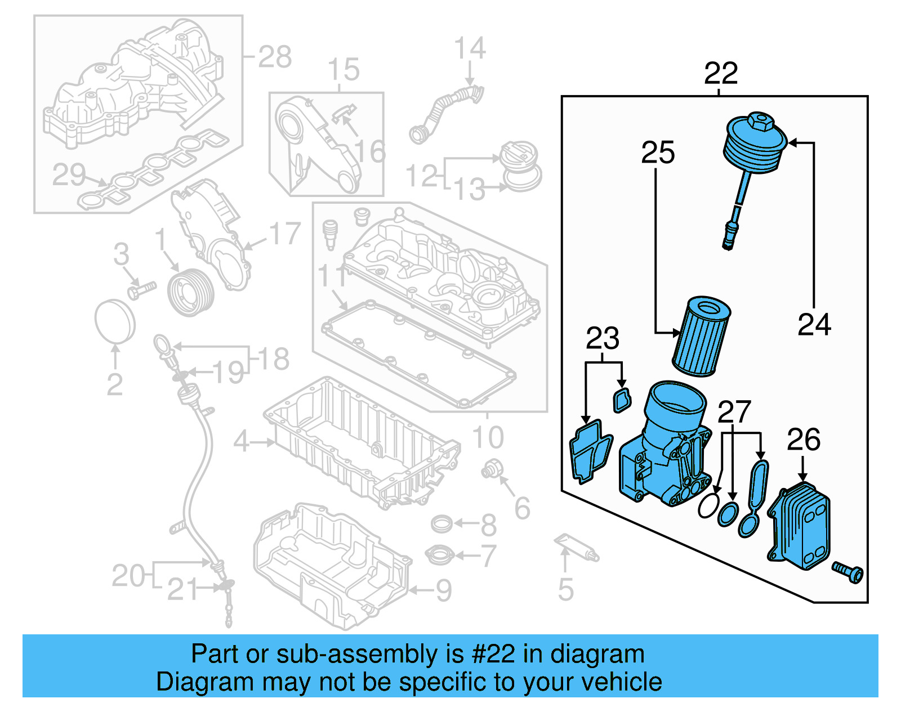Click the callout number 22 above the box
pos(720,74)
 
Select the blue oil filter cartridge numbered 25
pos(701,338)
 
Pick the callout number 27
pos(734,413)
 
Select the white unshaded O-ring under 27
pos(708,505)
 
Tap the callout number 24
pos(814,325)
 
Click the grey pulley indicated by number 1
pos(191,293)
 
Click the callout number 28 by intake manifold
pos(275,57)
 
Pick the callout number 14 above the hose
pos(470,48)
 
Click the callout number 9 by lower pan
pos(444,590)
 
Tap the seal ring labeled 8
pos(441,524)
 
